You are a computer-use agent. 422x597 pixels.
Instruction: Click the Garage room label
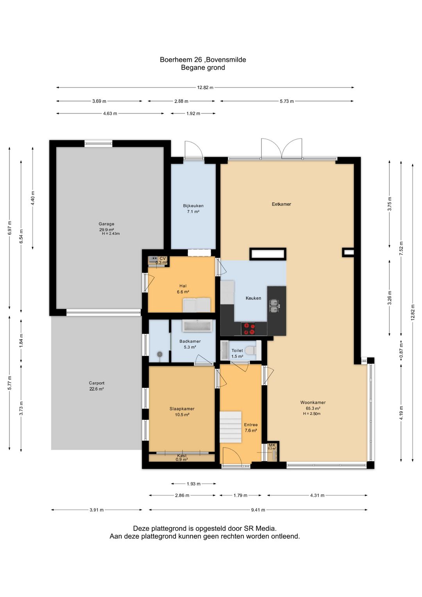pyautogui.click(x=106, y=224)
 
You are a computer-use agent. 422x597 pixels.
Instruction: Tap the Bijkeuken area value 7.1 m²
pyautogui.click(x=193, y=212)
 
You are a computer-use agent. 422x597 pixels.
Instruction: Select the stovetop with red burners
pyautogui.click(x=248, y=329)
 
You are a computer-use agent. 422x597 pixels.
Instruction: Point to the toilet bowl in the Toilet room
pyautogui.click(x=250, y=350)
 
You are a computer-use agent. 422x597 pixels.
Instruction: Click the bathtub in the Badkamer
pyautogui.click(x=197, y=325)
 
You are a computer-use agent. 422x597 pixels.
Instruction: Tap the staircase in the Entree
pyautogui.click(x=231, y=427)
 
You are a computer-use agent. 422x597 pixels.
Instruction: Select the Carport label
pyautogui.click(x=97, y=383)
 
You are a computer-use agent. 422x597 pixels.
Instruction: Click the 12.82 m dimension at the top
pyautogui.click(x=205, y=87)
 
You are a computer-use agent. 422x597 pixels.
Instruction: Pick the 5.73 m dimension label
pyautogui.click(x=287, y=101)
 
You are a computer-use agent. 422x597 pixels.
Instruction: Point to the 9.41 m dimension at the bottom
pyautogui.click(x=258, y=510)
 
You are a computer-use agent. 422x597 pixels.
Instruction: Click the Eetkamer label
pyautogui.click(x=281, y=204)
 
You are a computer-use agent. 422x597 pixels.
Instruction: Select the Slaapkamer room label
pyautogui.click(x=182, y=409)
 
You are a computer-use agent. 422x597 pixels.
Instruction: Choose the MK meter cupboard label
pyautogui.click(x=272, y=445)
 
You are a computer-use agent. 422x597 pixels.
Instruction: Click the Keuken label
pyautogui.click(x=253, y=298)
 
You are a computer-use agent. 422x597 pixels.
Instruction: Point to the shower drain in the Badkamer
pyautogui.click(x=159, y=354)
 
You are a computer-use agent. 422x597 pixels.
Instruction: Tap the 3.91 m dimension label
pyautogui.click(x=97, y=510)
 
